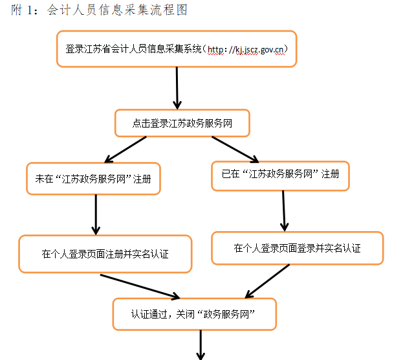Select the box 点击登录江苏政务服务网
click(182, 123)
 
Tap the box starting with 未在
click(93, 179)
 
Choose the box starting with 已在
click(280, 174)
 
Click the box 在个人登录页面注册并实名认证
click(105, 254)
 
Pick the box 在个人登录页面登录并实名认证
click(297, 248)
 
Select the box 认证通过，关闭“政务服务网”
click(194, 314)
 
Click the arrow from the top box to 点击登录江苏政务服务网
click(177, 87)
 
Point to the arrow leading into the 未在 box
click(128, 150)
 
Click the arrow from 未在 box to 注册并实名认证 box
click(96, 214)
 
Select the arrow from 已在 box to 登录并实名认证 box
click(283, 211)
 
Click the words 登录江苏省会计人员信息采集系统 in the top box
click(133, 49)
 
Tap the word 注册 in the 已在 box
click(330, 174)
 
